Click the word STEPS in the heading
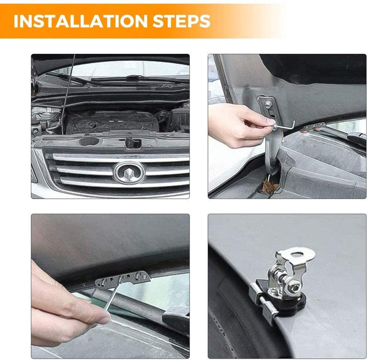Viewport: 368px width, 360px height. (x=182, y=21)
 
